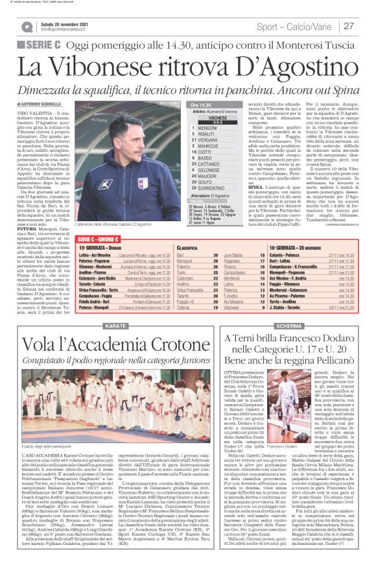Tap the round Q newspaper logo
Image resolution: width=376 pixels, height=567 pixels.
[27, 27]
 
